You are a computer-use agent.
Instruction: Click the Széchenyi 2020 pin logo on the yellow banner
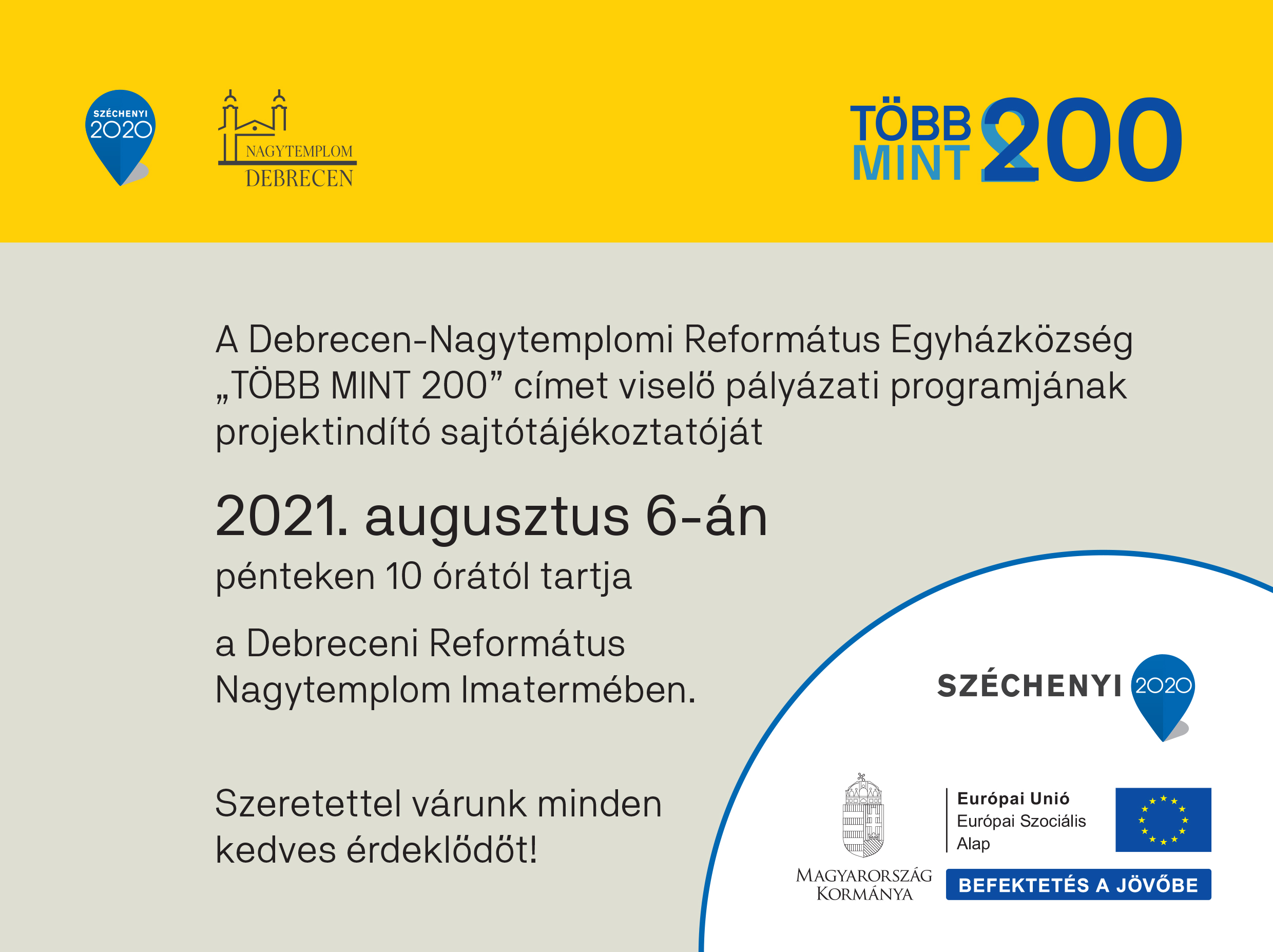coord(120,137)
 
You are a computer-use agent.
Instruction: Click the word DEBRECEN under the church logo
coord(299,178)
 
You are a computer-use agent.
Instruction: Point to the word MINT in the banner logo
coord(911,163)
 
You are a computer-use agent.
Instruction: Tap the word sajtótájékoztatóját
coord(602,433)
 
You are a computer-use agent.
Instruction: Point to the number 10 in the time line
coord(404,576)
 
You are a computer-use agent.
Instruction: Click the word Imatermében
coord(578,690)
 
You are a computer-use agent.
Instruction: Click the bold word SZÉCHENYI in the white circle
coord(1030,686)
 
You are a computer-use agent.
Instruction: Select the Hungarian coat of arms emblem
coord(863,815)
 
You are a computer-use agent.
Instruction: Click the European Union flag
coord(1163,820)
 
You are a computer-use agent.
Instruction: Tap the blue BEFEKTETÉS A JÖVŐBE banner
coord(1078,885)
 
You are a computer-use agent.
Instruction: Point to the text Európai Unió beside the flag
coord(1013,798)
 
